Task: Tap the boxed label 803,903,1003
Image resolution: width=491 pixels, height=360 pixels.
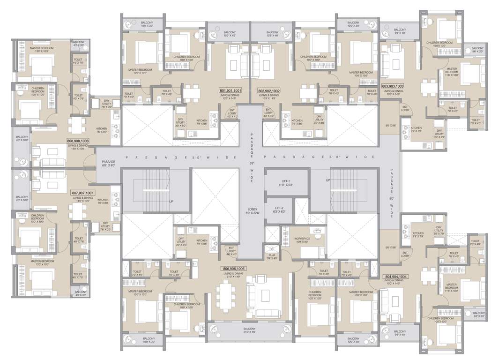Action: pyautogui.click(x=393, y=86)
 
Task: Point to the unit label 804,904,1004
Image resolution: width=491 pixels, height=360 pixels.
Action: pyautogui.click(x=396, y=277)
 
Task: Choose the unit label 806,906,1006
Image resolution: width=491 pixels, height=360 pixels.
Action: pyautogui.click(x=233, y=269)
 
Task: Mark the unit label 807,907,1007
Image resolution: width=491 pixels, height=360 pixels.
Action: pyautogui.click(x=83, y=193)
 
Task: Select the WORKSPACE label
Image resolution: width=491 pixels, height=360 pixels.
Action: pyautogui.click(x=302, y=239)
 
